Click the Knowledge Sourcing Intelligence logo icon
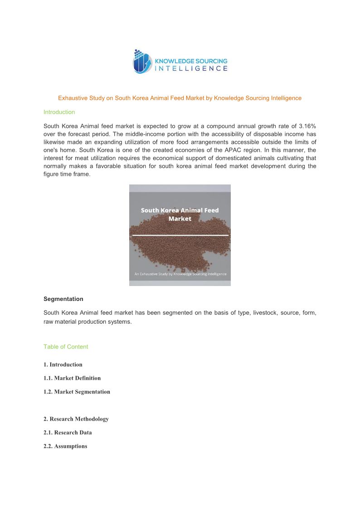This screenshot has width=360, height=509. pos(142,62)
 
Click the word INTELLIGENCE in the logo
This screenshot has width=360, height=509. pos(191,68)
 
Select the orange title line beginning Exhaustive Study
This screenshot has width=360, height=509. pos(180,98)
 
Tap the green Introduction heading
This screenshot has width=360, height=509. pos(59,112)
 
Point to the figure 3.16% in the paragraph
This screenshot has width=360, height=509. pos(307,126)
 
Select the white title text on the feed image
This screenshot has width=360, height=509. pos(180,214)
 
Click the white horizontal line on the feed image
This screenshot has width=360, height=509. pos(180,235)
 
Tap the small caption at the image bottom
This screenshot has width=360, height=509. pos(180,274)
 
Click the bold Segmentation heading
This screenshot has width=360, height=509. pos(63,299)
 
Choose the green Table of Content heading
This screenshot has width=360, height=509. pos(66,347)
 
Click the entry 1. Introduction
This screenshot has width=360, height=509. pos(63,364)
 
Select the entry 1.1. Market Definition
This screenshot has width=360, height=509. pos(72,378)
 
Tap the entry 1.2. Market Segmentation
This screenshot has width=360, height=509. pos(77,392)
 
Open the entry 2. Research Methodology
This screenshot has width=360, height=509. pos(76,419)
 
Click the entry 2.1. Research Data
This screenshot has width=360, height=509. pos(68,432)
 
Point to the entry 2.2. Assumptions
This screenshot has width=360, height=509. pos(65,446)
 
